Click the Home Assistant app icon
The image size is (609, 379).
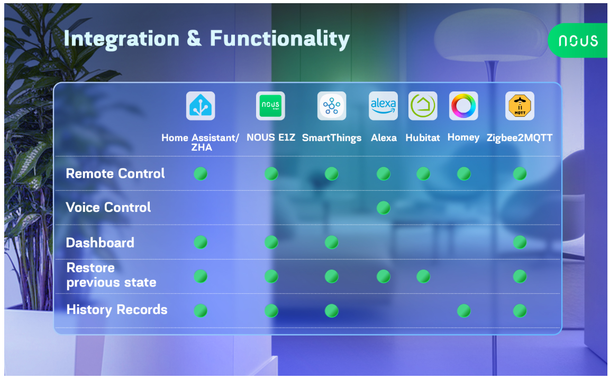201,106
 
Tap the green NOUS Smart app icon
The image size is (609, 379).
270,106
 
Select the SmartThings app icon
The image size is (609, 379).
332,106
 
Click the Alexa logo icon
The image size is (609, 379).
384,106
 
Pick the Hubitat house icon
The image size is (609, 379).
423,106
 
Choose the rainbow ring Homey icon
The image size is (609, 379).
463,106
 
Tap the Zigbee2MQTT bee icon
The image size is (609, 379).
520,106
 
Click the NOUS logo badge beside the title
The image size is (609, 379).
578,40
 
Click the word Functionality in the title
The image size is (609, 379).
280,39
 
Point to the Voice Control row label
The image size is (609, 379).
108,207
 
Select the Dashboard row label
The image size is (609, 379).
100,243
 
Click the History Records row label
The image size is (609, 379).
117,310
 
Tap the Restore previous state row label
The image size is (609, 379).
112,275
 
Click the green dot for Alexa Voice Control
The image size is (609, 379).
384,208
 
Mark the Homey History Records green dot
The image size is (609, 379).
463,311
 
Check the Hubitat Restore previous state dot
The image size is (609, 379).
423,276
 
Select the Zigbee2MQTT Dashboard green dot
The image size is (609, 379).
520,243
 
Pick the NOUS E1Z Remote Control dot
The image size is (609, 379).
271,174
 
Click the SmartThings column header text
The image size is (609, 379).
332,138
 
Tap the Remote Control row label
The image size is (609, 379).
115,173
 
